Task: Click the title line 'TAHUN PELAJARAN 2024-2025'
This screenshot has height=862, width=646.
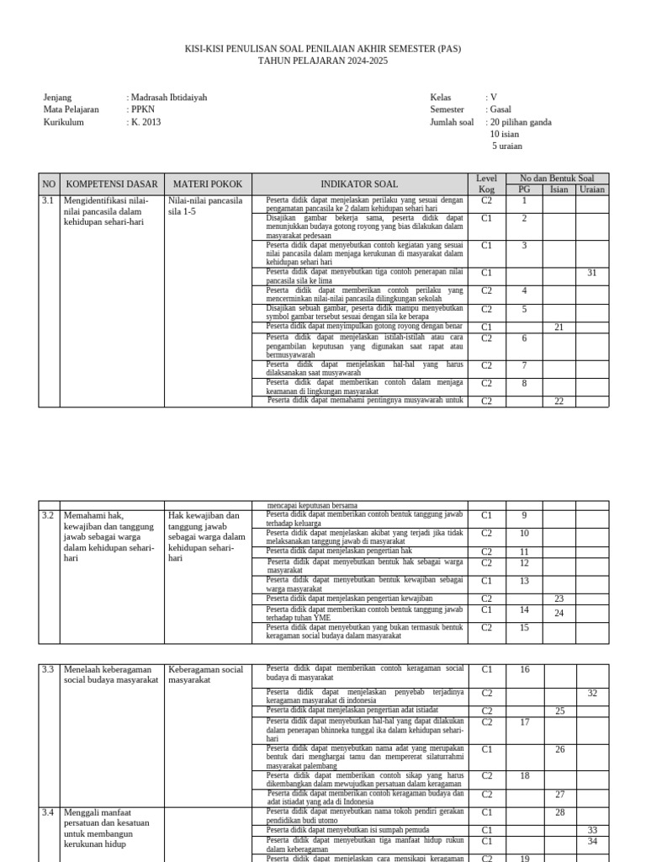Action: (x=323, y=61)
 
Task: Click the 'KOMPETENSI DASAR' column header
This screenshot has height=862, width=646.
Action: (x=112, y=184)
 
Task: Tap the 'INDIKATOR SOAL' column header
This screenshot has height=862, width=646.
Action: (x=359, y=184)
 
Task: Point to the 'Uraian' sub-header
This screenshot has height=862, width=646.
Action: (x=591, y=189)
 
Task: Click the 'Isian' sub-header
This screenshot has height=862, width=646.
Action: (x=559, y=189)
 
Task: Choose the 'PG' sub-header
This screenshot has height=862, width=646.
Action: (x=524, y=189)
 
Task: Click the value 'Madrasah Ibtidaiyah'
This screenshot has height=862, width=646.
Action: (x=168, y=98)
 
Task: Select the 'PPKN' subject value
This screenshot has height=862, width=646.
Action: (x=144, y=109)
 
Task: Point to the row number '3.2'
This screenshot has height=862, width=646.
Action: (x=48, y=514)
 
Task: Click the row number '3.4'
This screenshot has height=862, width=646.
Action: (x=48, y=812)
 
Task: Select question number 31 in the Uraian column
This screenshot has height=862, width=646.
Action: (x=591, y=273)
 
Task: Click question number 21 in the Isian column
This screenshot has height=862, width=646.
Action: (x=559, y=327)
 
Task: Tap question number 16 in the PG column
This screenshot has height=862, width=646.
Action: (x=524, y=670)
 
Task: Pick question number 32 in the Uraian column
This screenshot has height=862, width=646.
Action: (x=591, y=694)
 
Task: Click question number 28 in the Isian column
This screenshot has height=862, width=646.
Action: (x=559, y=812)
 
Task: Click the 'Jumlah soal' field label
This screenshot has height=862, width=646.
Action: (x=452, y=122)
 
